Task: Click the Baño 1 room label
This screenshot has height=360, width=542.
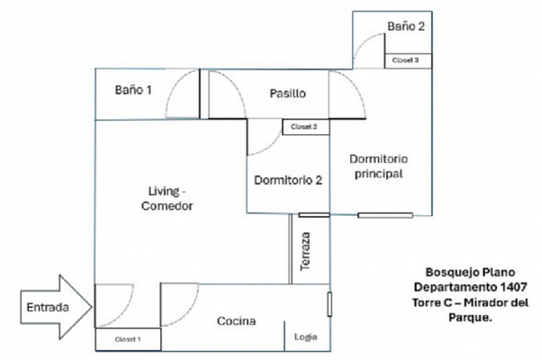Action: pos(133,90)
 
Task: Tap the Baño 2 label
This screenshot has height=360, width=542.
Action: pos(406,26)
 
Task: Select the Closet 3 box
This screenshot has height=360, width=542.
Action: pos(408,61)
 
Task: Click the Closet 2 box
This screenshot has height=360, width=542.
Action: pos(306,127)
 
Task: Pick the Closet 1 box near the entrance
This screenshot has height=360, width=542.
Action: pos(128,339)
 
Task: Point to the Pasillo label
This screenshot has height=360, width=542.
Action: pos(287,94)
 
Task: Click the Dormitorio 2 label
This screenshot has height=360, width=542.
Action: pos(288,180)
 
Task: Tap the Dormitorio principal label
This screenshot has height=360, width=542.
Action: pos(378,166)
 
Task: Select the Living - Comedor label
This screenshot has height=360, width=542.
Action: pos(167,198)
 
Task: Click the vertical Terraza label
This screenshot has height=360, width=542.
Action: pos(305,251)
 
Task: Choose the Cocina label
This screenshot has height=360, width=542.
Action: pos(237,321)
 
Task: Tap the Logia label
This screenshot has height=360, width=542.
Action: pos(306,337)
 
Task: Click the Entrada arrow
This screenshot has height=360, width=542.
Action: pos(57,307)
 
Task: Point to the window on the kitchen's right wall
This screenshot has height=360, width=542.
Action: pos(330,304)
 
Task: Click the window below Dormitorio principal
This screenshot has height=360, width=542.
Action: pos(385,215)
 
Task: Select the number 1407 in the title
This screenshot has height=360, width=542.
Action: pos(514,287)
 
